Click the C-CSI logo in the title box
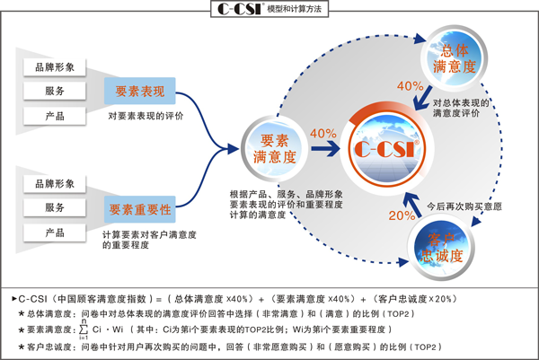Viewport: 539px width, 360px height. click(x=241, y=9)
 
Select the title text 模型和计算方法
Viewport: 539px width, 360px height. click(x=295, y=9)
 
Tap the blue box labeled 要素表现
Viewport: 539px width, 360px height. click(x=140, y=91)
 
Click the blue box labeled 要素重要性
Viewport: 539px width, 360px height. click(x=140, y=209)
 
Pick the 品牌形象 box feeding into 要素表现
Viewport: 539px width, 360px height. click(x=55, y=67)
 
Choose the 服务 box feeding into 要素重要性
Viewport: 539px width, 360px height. click(x=55, y=207)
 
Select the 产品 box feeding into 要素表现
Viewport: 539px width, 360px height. click(x=55, y=116)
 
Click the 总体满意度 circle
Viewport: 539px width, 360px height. click(x=454, y=57)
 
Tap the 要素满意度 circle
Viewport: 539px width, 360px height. click(x=274, y=148)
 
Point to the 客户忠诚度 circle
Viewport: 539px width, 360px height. click(x=441, y=247)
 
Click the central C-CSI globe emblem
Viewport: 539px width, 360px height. click(x=387, y=148)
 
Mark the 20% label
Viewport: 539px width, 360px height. click(x=402, y=215)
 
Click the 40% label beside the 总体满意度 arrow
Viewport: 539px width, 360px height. click(x=411, y=85)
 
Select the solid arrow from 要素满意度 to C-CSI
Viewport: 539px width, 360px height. click(x=325, y=148)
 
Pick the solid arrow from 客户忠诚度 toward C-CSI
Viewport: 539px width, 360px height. click(x=412, y=205)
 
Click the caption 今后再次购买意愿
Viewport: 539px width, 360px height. click(x=464, y=206)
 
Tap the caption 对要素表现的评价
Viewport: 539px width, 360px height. click(x=146, y=116)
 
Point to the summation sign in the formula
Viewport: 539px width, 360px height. click(x=84, y=329)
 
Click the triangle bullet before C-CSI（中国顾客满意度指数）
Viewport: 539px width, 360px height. click(x=14, y=299)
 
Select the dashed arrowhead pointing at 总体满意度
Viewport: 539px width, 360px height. click(x=420, y=38)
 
